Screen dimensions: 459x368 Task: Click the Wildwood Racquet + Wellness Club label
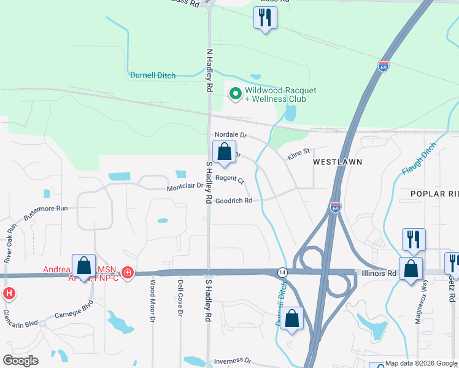tap(280, 94)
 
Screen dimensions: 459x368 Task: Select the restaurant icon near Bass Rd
tap(265, 18)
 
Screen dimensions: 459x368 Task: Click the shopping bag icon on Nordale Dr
tap(225, 152)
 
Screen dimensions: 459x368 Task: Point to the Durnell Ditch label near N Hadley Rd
tap(153, 75)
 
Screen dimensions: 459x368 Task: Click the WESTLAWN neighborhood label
tap(337, 162)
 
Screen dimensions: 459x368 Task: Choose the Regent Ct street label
tap(229, 181)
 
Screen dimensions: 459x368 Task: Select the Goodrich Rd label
tap(233, 201)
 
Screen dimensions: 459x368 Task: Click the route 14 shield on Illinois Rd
tap(282, 272)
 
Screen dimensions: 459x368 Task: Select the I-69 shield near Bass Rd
tap(384, 66)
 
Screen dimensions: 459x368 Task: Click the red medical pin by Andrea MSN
tap(128, 272)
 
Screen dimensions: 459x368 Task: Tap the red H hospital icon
tap(9, 293)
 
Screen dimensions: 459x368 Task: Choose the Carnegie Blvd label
tap(74, 308)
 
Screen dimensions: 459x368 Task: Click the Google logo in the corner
tap(20, 361)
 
